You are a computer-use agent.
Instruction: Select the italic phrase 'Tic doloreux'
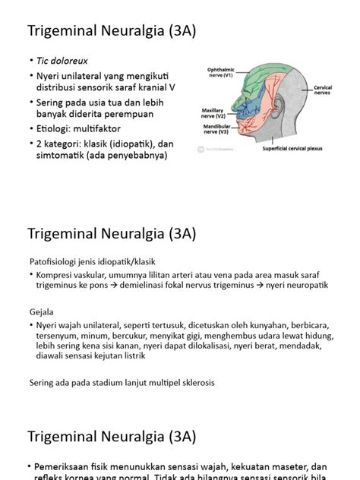point(62,60)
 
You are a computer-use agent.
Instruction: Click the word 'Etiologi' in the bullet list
point(55,129)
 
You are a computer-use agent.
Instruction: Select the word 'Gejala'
point(43,310)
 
